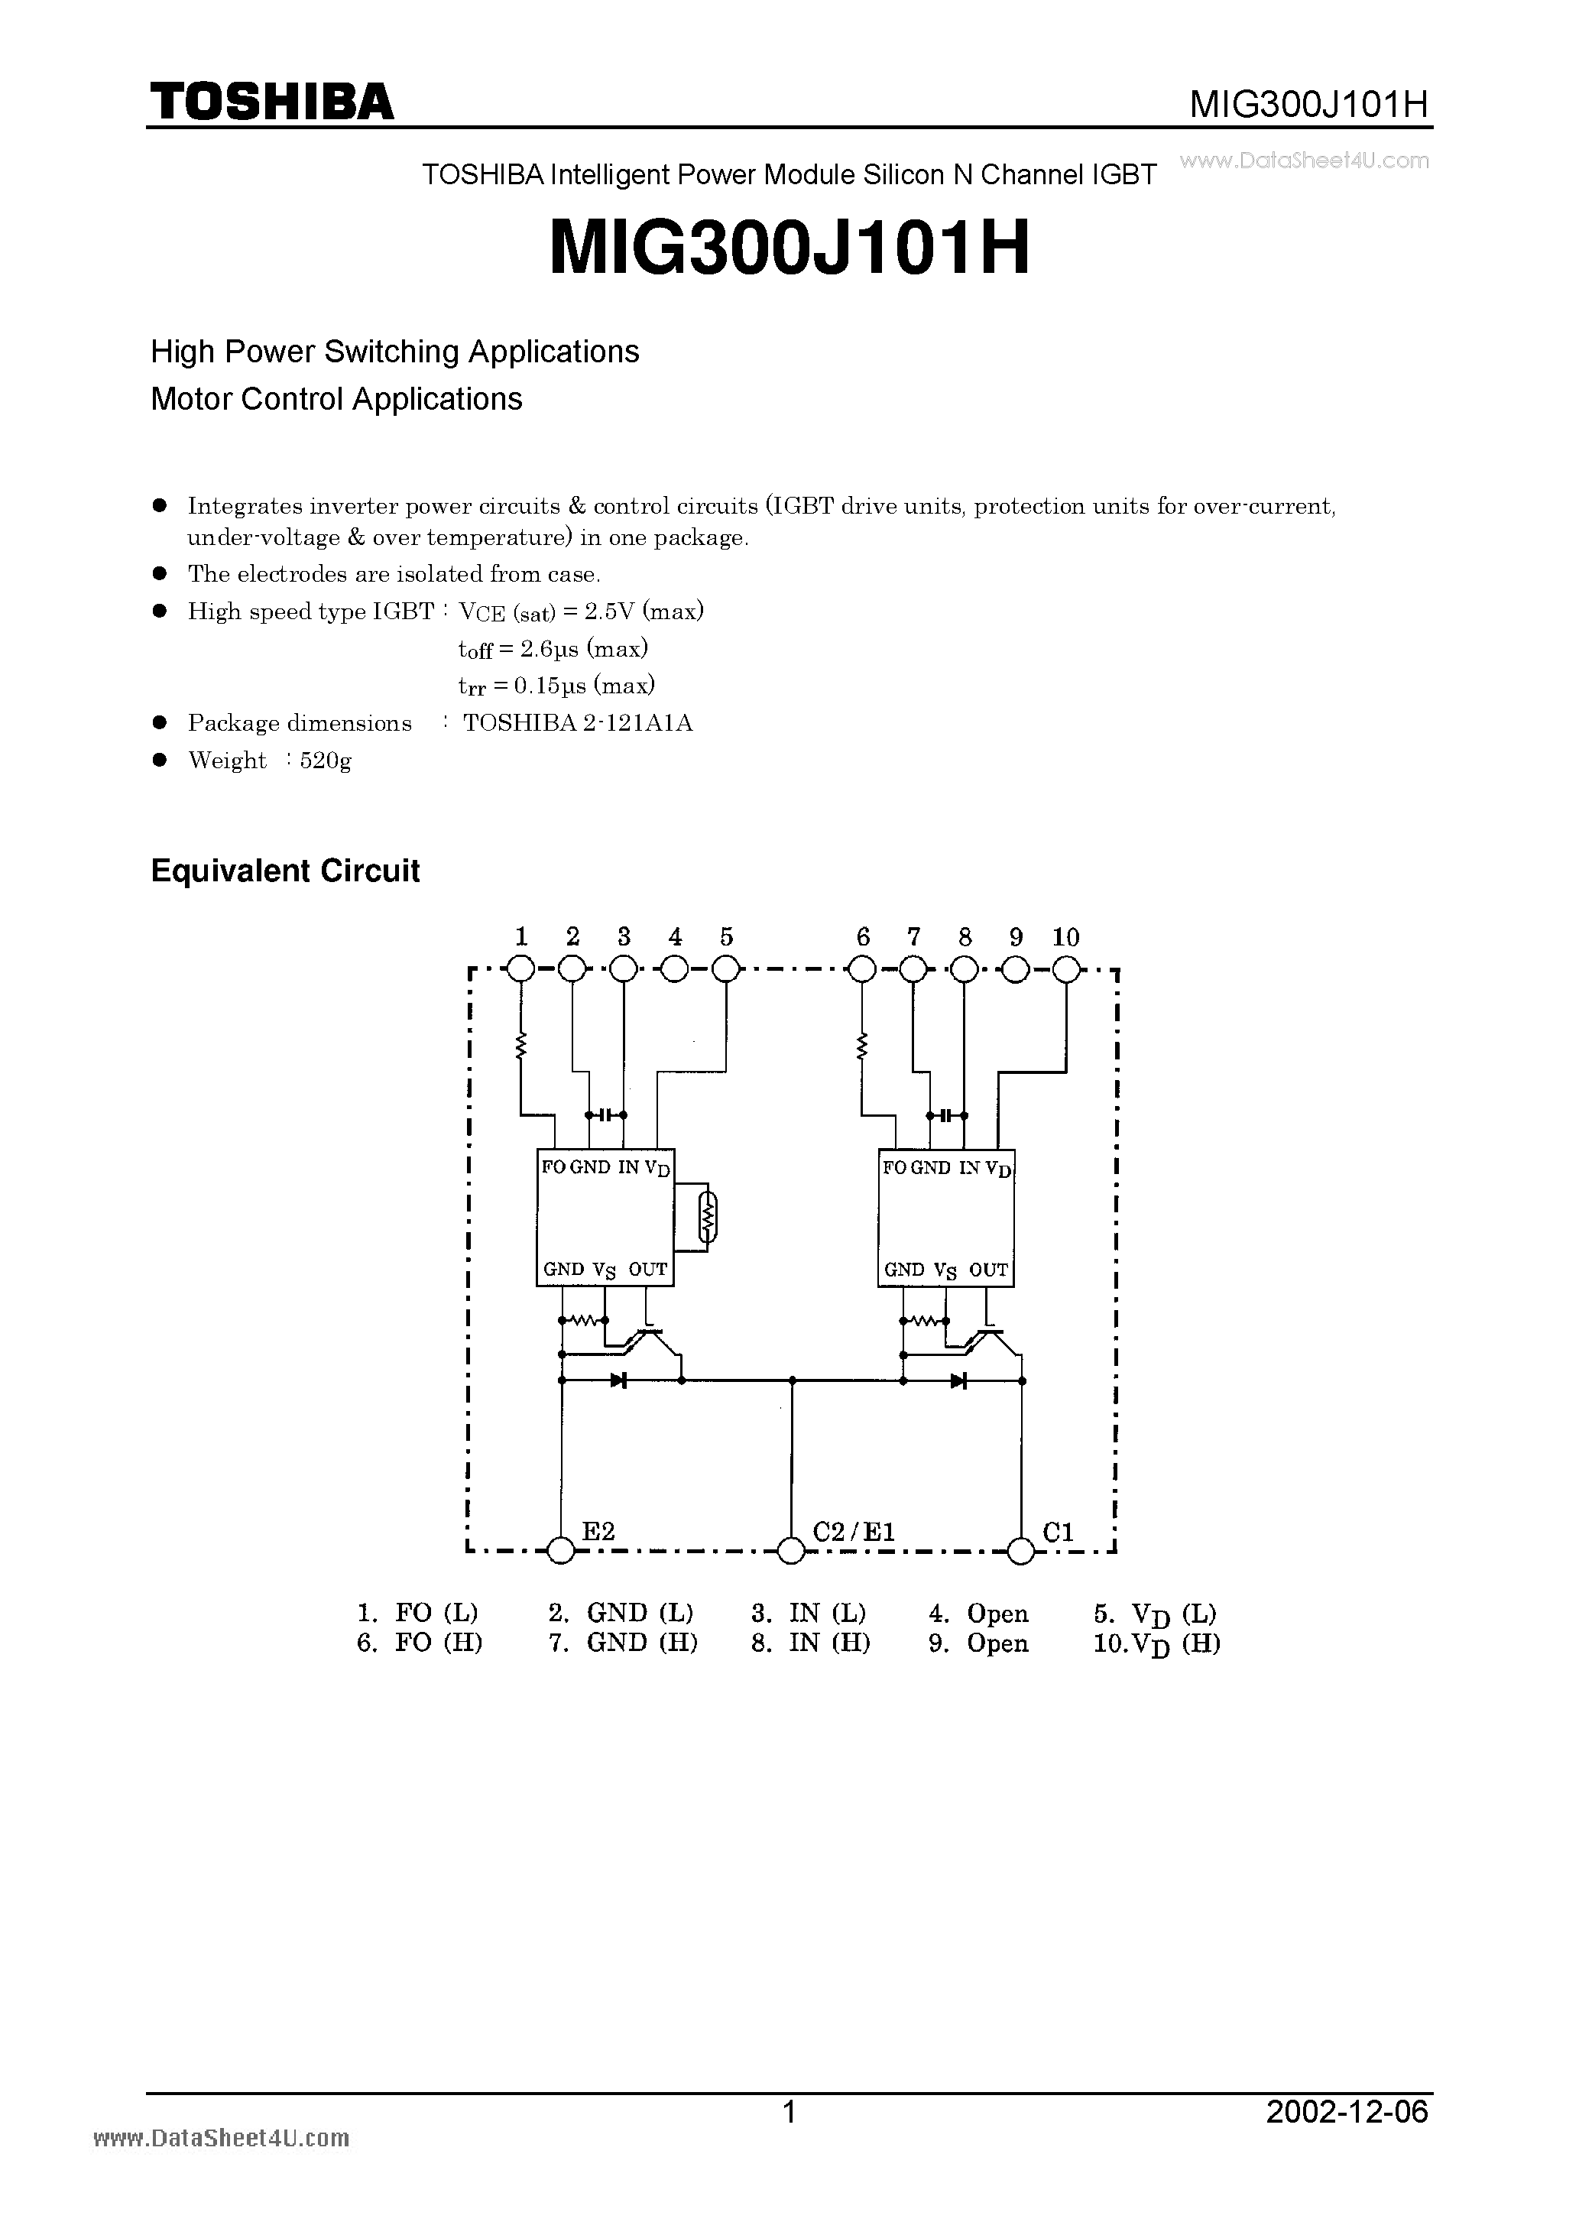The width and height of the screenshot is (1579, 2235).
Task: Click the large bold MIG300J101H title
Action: [x=789, y=249]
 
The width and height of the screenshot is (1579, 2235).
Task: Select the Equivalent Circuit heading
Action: [x=285, y=871]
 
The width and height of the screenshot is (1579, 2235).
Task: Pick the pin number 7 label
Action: [x=913, y=936]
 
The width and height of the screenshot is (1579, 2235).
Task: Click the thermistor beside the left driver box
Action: [x=708, y=1216]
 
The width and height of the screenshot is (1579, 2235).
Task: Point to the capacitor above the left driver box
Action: [x=605, y=1114]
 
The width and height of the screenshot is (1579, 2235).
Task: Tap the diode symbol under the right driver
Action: [x=959, y=1380]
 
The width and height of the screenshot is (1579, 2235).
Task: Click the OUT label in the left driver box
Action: [x=647, y=1270]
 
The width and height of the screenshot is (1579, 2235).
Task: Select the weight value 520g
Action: [x=325, y=761]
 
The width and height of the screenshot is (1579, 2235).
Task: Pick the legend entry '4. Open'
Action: [x=978, y=1614]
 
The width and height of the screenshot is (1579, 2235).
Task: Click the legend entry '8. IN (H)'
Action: [x=810, y=1643]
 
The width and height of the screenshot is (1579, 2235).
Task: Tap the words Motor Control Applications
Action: [x=337, y=399]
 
